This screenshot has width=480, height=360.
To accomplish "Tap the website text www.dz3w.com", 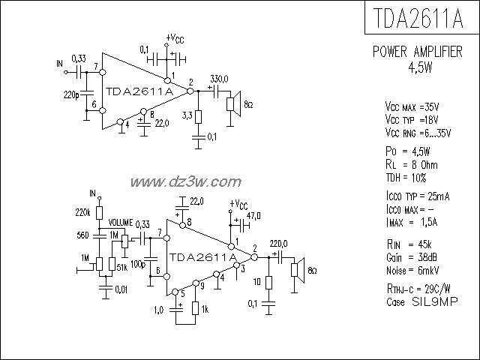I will click(185, 181).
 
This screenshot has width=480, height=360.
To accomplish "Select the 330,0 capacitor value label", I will click(220, 79).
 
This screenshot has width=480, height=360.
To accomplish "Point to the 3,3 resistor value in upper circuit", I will click(187, 115).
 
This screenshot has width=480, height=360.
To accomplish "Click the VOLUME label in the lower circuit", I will click(120, 223).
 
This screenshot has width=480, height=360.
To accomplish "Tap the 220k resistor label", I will click(83, 212).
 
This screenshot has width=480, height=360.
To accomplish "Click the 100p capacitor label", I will click(138, 264).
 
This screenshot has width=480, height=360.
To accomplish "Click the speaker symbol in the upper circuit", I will click(235, 105).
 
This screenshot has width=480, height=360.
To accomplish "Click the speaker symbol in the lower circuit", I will click(298, 271).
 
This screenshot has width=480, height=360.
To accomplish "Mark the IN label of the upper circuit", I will click(60, 64).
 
